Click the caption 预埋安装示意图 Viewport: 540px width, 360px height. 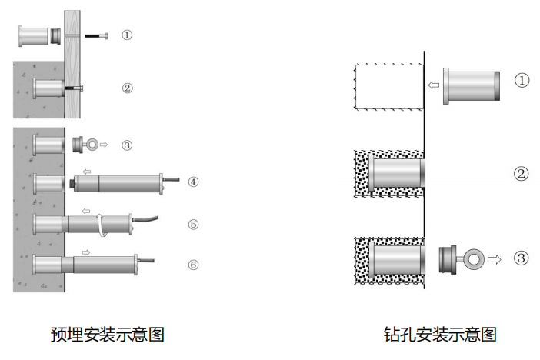point(107,335)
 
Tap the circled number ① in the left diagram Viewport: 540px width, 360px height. point(127,35)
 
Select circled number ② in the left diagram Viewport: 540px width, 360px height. point(127,88)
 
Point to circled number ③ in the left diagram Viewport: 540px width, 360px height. point(127,144)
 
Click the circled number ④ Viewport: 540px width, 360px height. point(193,182)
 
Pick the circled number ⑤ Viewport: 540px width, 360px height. point(193,225)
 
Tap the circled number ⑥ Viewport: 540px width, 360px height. point(193,265)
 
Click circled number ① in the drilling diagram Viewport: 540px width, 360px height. point(522,80)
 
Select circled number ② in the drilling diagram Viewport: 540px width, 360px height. point(522,174)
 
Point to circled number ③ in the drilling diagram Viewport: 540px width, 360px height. point(522,258)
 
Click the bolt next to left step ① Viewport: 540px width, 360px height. point(95,35)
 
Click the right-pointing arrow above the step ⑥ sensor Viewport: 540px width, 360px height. point(86,251)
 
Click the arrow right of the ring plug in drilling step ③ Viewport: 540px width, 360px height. point(494,259)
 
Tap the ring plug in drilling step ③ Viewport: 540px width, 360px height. point(458,259)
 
